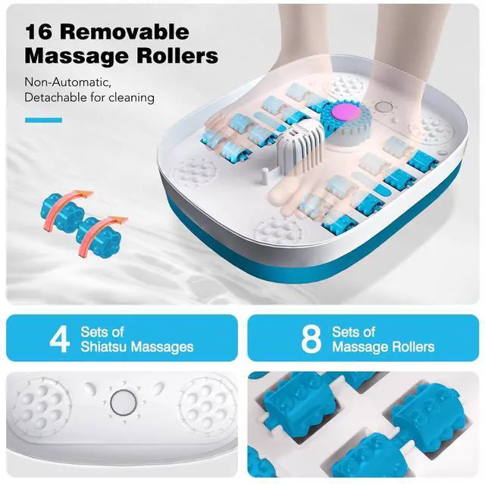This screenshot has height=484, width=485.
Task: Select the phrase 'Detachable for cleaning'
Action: pyautogui.click(x=89, y=97)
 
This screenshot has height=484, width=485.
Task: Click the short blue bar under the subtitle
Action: pyautogui.click(x=43, y=120)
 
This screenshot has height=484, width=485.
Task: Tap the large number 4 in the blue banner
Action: pyautogui.click(x=59, y=339)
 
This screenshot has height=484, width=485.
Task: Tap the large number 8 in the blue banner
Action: pyautogui.click(x=311, y=339)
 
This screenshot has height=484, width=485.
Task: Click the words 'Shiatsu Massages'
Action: pyautogui.click(x=136, y=347)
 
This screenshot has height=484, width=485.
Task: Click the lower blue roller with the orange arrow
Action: pyautogui.click(x=99, y=231)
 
